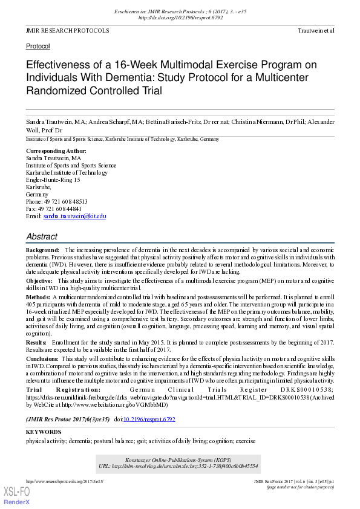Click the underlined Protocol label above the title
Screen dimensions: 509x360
point(38,46)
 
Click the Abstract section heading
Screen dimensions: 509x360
point(42,236)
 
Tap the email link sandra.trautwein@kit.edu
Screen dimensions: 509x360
point(74,216)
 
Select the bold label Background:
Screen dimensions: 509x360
point(42,250)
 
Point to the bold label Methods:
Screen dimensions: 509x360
point(38,297)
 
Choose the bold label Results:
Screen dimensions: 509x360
point(38,343)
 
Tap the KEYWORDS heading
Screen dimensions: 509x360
point(44,432)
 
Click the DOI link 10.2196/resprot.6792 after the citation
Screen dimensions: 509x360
point(149,419)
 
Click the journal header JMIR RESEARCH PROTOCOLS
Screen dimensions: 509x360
point(67,30)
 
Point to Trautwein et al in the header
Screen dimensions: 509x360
point(316,30)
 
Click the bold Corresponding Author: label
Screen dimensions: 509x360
point(56,151)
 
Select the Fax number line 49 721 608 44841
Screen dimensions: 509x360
point(54,209)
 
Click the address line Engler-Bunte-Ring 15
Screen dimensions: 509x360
point(53,180)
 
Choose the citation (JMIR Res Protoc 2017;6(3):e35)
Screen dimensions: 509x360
point(68,419)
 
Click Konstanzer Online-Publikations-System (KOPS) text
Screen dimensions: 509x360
point(180,459)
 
